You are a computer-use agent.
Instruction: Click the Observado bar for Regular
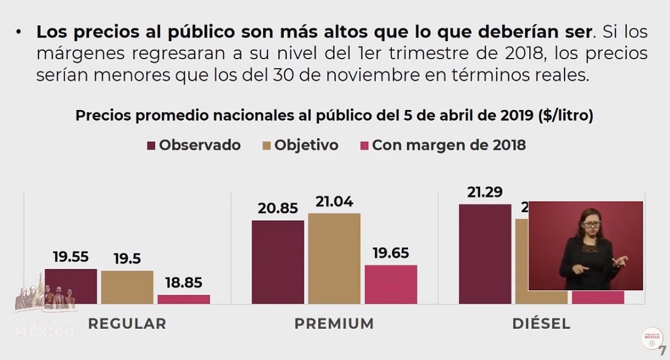(x=70, y=286)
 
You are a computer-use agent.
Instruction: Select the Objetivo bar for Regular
(x=127, y=287)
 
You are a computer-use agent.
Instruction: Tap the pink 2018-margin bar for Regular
(x=183, y=299)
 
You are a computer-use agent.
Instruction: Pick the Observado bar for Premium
(x=277, y=262)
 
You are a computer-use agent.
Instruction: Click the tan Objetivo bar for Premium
(x=334, y=258)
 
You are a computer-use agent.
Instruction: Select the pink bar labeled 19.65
(x=391, y=284)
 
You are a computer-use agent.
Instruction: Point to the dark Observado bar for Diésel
(x=485, y=254)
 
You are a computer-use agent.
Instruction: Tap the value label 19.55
(x=71, y=257)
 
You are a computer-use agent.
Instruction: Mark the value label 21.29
(x=485, y=193)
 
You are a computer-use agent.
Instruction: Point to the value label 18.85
(x=184, y=283)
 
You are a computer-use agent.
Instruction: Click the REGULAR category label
(x=127, y=324)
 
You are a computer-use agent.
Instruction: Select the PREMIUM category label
(x=334, y=324)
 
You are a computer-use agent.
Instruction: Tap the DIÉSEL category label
(x=541, y=324)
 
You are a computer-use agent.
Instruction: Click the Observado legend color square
(x=151, y=146)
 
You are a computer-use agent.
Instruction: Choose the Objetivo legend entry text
(x=306, y=145)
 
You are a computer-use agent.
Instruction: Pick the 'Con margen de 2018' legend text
(x=449, y=145)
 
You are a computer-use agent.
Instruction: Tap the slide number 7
(x=663, y=351)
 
